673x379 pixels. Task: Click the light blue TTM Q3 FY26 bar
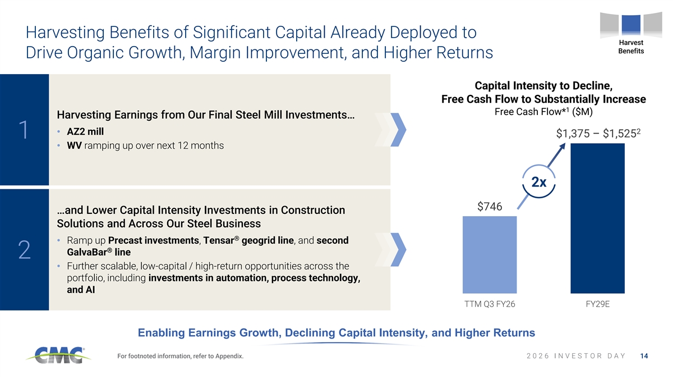[x=490, y=254]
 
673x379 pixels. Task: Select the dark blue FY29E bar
[x=598, y=218]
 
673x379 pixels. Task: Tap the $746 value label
[x=490, y=207]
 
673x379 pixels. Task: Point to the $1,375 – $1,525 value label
[x=598, y=133]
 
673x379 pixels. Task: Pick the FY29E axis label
[x=598, y=304]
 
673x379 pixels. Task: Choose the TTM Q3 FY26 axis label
[x=490, y=304]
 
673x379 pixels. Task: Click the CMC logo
[x=58, y=355]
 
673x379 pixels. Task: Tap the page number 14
[x=644, y=356]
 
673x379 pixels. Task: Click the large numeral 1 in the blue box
[x=24, y=130]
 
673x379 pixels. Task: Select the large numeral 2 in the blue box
[x=24, y=249]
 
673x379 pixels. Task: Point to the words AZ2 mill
[x=85, y=131]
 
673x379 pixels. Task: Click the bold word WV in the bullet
[x=74, y=145]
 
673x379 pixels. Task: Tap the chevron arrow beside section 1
[x=398, y=130]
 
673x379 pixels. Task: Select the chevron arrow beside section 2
[x=398, y=250]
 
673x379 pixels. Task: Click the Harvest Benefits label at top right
[x=631, y=47]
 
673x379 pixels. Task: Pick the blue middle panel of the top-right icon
[x=631, y=24]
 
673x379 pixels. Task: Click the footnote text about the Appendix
[x=180, y=356]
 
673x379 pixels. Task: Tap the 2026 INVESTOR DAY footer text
[x=576, y=356]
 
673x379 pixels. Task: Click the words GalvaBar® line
[x=99, y=252]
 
